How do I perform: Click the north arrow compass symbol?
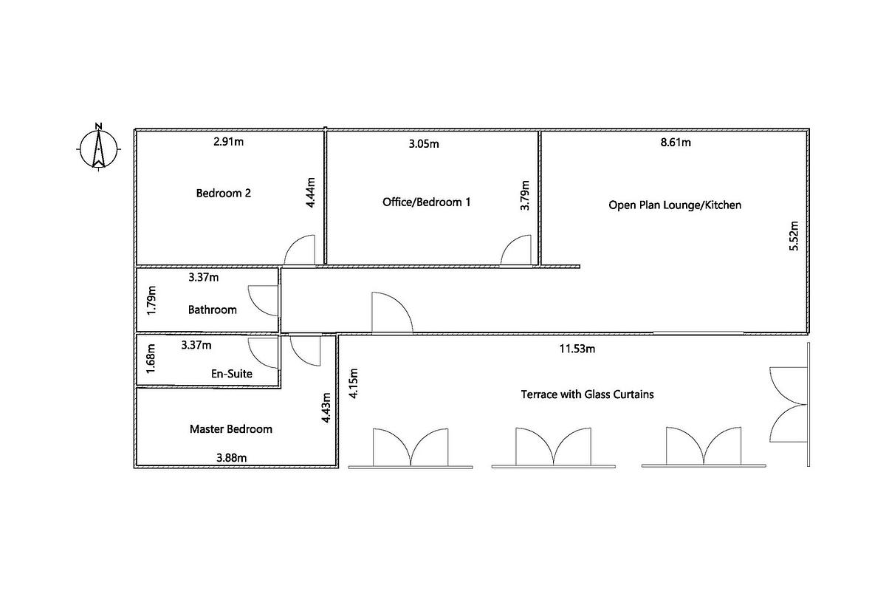[97, 146]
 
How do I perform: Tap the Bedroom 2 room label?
[223, 194]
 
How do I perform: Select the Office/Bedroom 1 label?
[426, 201]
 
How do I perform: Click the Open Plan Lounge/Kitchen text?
[674, 205]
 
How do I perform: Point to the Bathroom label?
[213, 310]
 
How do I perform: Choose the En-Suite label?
[232, 374]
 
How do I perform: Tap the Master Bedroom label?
[230, 428]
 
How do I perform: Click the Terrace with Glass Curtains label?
[587, 394]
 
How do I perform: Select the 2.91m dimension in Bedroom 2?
[227, 141]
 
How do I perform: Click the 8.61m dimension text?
[676, 142]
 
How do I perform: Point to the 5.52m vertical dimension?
[794, 236]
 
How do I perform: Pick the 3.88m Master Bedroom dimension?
[231, 457]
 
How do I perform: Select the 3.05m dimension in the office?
[423, 143]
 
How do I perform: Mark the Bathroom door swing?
[263, 300]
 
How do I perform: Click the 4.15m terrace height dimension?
[354, 383]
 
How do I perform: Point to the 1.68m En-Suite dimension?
[151, 358]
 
